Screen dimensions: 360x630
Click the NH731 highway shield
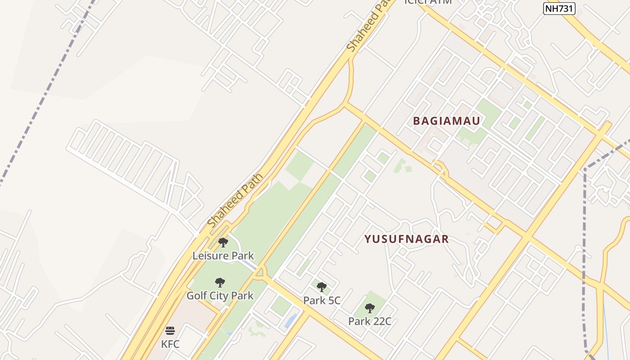(x=559, y=8)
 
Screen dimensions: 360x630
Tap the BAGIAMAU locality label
(x=446, y=121)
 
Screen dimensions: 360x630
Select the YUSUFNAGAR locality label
(x=406, y=239)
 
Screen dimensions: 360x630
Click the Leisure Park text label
(x=223, y=256)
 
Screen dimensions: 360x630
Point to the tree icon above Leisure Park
(x=223, y=243)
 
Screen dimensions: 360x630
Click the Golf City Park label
(x=220, y=296)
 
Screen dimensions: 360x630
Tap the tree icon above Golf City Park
(x=220, y=283)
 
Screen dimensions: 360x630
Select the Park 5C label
(x=321, y=300)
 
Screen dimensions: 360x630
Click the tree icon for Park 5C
(x=321, y=287)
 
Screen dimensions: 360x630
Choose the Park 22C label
(x=369, y=321)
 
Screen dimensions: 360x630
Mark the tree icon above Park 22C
(x=369, y=308)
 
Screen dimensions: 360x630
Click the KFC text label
(x=170, y=344)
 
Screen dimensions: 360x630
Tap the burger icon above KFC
(x=170, y=331)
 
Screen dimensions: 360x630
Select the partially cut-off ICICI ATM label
(x=427, y=2)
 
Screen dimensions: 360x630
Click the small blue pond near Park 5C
(x=291, y=320)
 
